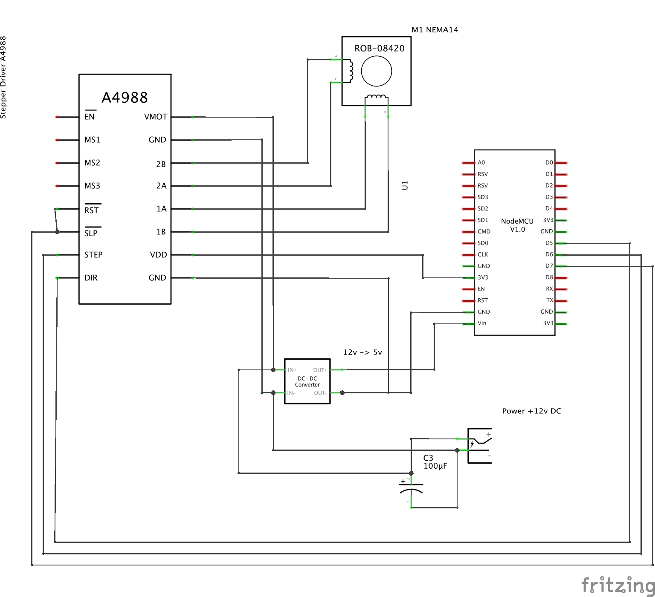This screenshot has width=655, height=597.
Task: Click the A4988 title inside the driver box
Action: [125, 98]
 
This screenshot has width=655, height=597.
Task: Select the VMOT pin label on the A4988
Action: [156, 117]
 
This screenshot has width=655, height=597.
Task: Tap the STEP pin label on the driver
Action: [93, 255]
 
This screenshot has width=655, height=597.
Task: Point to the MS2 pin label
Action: [92, 163]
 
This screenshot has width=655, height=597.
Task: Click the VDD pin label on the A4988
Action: [158, 255]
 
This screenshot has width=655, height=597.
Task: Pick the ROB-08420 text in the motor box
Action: [379, 49]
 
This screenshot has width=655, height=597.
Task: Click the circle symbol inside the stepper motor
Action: [376, 71]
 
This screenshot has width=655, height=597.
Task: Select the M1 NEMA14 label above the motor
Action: [435, 30]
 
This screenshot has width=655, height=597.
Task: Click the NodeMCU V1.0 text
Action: [517, 225]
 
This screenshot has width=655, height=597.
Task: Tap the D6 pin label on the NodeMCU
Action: [549, 254]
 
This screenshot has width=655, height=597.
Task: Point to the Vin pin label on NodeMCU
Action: [482, 323]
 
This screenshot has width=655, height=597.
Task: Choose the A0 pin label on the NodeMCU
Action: [481, 162]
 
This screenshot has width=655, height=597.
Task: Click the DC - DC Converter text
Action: [307, 381]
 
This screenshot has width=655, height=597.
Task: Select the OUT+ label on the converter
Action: [320, 370]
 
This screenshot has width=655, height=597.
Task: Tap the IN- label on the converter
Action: [291, 393]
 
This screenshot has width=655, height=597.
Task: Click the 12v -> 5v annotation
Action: [362, 352]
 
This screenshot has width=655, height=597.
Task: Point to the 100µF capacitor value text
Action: [435, 466]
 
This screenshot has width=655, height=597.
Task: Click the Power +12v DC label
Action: [531, 411]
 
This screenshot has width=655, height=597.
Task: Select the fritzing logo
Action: [618, 585]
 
